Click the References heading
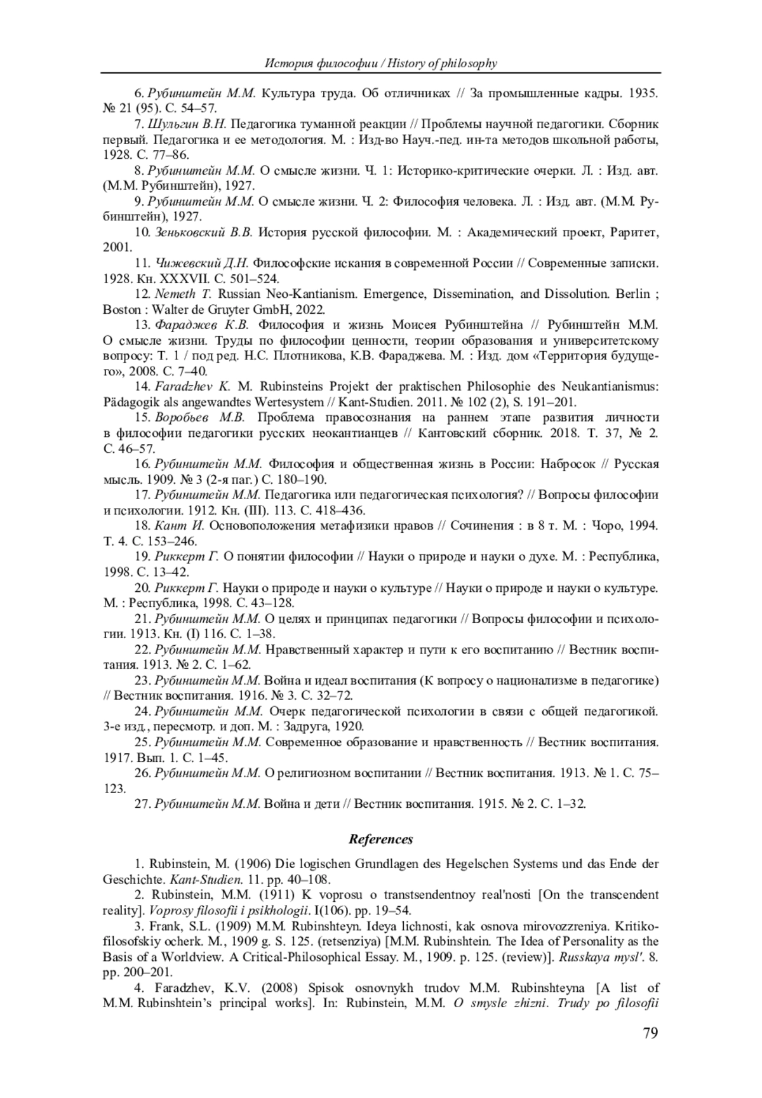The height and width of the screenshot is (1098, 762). [381, 839]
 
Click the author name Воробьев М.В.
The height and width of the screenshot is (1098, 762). [199, 418]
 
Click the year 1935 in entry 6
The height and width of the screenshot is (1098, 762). [643, 93]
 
